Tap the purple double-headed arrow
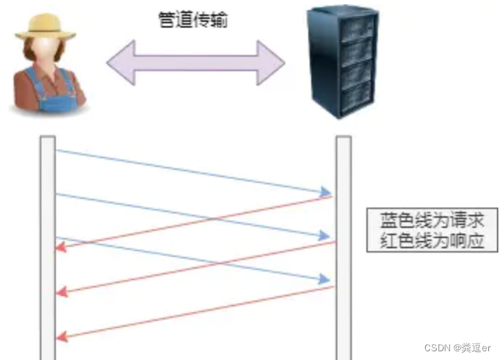[x=195, y=62]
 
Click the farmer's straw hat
[x=46, y=25]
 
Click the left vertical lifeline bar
[x=48, y=247]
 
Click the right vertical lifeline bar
[x=343, y=247]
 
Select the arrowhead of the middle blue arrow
[x=325, y=235]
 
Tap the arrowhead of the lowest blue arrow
[x=325, y=279]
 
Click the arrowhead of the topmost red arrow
[x=61, y=247]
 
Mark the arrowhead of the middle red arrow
[x=61, y=292]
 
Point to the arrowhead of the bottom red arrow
[x=61, y=335]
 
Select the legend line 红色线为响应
[x=432, y=241]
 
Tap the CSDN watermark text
[x=458, y=348]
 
